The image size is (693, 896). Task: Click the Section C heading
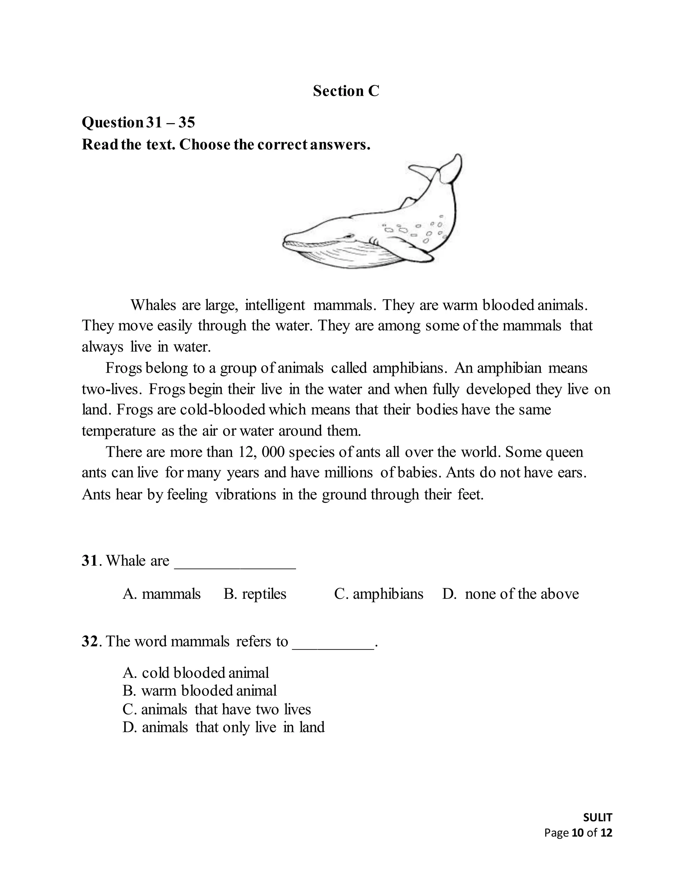coord(346,91)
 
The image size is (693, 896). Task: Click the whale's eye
coord(349,236)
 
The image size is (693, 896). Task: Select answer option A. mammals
coord(161,594)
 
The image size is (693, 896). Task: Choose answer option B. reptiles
coord(254,594)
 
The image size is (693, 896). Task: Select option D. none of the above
coord(510,594)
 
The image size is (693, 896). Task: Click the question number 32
coord(89,641)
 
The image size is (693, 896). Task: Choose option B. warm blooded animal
coord(200,691)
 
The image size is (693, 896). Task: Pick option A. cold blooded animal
coord(196,673)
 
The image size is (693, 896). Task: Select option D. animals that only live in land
coord(223,727)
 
